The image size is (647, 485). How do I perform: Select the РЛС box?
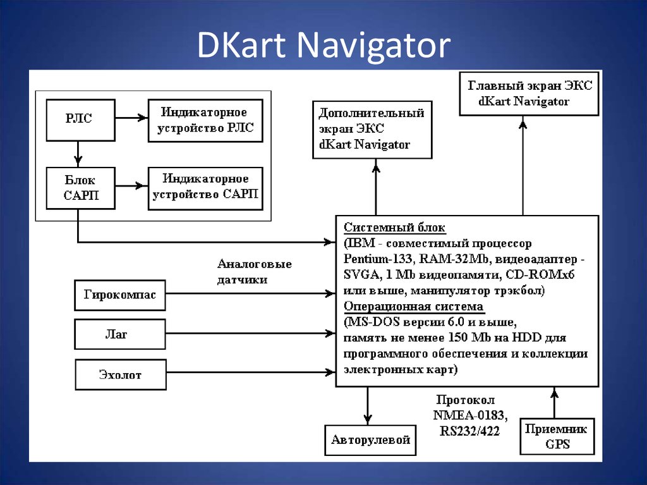[x=80, y=120]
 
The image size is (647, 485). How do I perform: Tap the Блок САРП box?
[x=80, y=188]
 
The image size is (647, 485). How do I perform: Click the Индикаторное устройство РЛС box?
[x=205, y=120]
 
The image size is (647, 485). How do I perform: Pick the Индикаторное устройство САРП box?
[x=205, y=188]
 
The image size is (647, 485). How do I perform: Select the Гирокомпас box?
[x=119, y=295]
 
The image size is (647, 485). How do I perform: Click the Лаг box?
[x=119, y=335]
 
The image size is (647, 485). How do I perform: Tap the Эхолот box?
[x=119, y=375]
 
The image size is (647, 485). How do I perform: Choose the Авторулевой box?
[x=371, y=439]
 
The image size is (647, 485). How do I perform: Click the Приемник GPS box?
[x=557, y=436]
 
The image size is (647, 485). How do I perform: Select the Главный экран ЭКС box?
[x=529, y=93]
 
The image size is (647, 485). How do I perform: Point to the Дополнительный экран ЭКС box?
[x=373, y=129]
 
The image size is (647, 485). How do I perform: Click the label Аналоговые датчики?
[x=254, y=271]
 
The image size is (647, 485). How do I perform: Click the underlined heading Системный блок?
[x=394, y=228]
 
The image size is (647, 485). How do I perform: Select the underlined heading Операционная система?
[x=413, y=307]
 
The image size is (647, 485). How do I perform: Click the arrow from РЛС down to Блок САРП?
[x=78, y=154]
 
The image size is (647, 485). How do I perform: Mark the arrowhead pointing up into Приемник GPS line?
[x=554, y=395]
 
